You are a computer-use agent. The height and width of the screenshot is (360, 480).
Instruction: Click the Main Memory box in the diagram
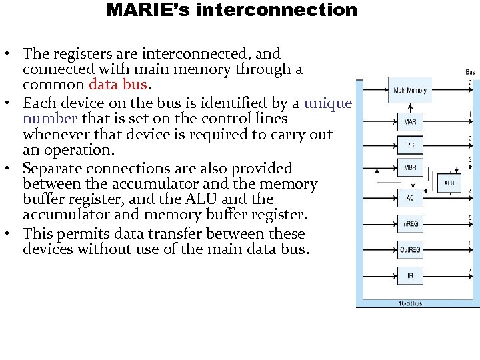(x=410, y=91)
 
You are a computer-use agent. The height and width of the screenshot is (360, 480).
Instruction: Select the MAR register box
(x=410, y=122)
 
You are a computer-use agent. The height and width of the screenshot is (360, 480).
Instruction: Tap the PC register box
(x=410, y=145)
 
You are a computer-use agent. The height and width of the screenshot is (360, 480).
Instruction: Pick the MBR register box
(x=410, y=167)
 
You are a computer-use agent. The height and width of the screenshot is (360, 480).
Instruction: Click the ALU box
(x=449, y=183)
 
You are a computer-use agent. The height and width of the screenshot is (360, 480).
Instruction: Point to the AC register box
(x=410, y=197)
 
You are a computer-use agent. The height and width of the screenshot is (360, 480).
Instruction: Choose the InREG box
(x=410, y=224)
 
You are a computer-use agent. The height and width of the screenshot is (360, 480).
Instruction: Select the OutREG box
(x=410, y=250)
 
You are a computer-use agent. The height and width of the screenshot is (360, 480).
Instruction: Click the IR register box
(x=410, y=275)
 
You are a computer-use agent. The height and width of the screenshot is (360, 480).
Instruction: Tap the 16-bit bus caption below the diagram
(x=410, y=303)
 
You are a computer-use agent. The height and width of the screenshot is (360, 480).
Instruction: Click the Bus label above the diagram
(x=469, y=71)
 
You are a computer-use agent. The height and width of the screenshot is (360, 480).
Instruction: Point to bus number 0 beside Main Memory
(x=470, y=82)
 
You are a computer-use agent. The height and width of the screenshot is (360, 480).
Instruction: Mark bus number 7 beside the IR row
(x=470, y=269)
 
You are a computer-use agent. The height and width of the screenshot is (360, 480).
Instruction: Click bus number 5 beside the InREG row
(x=470, y=217)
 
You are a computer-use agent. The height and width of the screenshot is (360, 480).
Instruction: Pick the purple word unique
(x=328, y=103)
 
